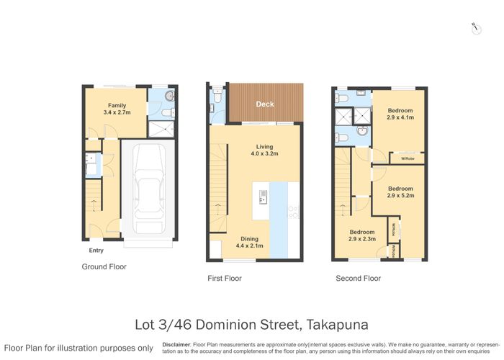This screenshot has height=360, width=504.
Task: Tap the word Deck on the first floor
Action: point(265,104)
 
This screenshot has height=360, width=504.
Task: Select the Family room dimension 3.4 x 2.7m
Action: point(117,113)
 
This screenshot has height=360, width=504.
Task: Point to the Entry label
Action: point(96,251)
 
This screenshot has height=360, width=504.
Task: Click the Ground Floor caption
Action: point(104,267)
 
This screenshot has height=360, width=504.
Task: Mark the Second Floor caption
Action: point(358,278)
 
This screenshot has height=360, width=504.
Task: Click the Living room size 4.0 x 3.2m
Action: point(264,153)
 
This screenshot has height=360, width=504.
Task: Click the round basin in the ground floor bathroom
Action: point(170,96)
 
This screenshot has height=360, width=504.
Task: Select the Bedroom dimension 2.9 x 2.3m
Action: point(364,238)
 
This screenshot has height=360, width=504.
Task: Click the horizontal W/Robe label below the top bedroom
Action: point(407,158)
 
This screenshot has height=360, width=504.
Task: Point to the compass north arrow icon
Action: point(475,27)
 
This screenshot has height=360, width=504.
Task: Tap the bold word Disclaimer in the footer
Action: point(177,344)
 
